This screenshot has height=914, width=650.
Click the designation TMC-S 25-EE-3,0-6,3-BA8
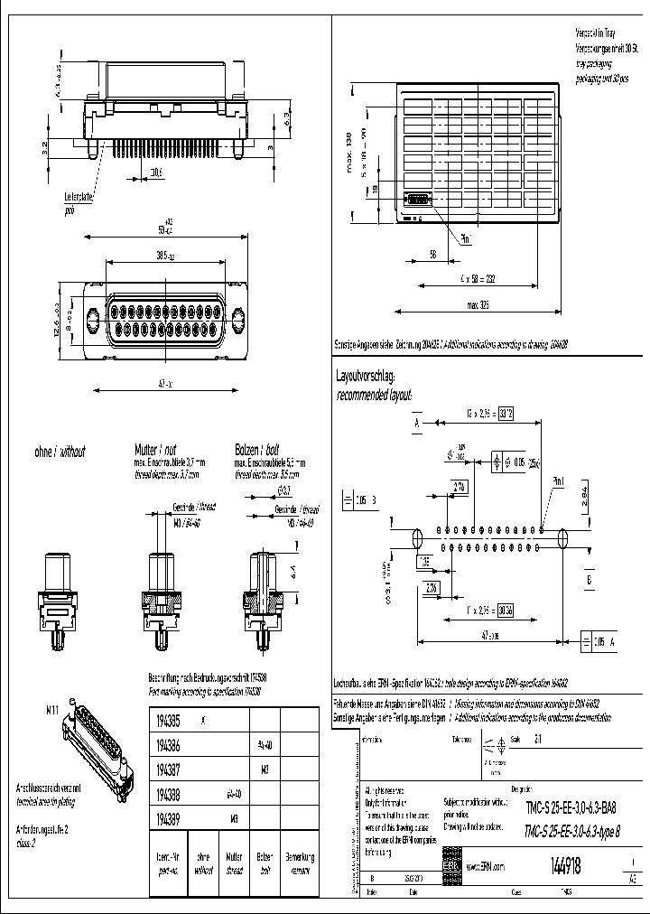click(571, 809)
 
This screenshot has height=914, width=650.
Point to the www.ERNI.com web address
click(486, 865)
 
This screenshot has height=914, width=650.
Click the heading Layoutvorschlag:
click(366, 375)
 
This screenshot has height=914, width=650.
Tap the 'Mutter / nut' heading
click(152, 450)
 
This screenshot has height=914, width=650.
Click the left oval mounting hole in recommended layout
click(417, 538)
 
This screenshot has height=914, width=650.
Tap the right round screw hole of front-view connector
click(238, 321)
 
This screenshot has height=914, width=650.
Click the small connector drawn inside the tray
click(419, 202)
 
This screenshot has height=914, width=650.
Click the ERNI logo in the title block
click(450, 865)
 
